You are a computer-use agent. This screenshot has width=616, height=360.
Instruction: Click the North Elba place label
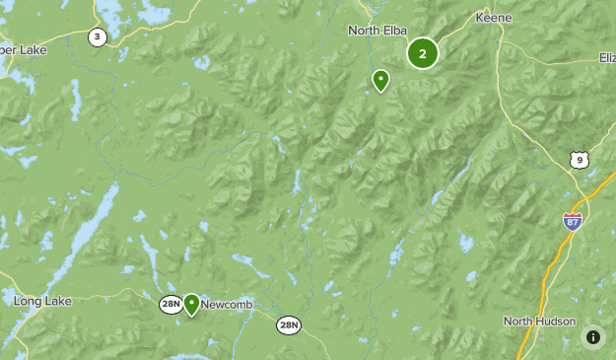coord(376,31)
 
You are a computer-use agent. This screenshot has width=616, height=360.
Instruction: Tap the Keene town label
coord(493,18)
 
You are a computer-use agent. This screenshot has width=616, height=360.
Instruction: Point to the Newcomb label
coord(228,305)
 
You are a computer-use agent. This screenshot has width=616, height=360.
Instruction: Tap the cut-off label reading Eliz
coord(605,58)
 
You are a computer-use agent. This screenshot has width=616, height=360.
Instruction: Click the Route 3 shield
coord(97,37)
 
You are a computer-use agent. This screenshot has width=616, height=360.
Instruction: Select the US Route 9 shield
coord(579,160)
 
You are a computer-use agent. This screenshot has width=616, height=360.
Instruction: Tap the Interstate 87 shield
coord(573,221)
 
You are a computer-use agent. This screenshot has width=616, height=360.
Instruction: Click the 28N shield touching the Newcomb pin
coord(171,305)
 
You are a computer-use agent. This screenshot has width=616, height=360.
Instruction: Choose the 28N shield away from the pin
coord(288,324)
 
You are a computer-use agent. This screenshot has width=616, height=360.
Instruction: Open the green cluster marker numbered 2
coord(423,53)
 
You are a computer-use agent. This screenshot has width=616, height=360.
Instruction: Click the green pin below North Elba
coord(380,81)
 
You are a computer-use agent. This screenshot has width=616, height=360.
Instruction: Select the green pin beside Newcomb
coord(191,304)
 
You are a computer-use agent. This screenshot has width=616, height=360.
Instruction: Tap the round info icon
coord(593,337)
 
